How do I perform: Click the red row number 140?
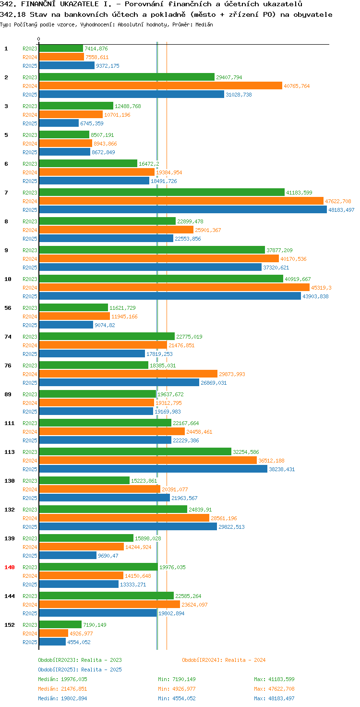coord(10,567)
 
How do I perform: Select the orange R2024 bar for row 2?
coord(161,86)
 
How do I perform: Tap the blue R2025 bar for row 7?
coord(183,209)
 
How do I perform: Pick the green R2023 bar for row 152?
coord(60,624)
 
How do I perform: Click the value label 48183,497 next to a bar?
coord(341,210)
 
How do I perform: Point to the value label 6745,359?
coord(92,123)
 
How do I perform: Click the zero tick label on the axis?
coord(38,39)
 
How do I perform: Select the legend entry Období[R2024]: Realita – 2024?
coord(224,660)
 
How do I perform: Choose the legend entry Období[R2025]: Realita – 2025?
coord(80,670)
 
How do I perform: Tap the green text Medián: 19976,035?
coord(62,679)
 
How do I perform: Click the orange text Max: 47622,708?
coord(274,689)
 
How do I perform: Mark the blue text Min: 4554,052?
coord(177,698)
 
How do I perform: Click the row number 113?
coord(10,452)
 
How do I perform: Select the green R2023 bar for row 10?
coord(161,279)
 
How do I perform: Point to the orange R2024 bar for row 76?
coord(128,374)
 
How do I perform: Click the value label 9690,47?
coord(108,556)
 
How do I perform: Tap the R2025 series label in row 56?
coord(30,325)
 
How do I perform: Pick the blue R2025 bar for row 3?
coord(59,123)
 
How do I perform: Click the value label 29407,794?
coord(229,77)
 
